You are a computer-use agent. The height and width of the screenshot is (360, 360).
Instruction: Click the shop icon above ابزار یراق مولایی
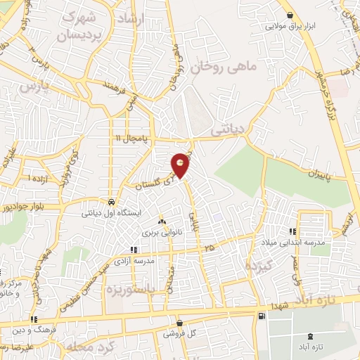(x=289, y=16)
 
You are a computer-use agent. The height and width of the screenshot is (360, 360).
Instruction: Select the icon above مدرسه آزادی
(x=134, y=249)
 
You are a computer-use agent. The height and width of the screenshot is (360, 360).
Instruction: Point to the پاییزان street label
(x=310, y=172)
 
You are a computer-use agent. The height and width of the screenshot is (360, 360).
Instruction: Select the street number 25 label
(x=209, y=247)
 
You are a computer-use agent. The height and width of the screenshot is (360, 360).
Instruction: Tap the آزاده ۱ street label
(x=39, y=180)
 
